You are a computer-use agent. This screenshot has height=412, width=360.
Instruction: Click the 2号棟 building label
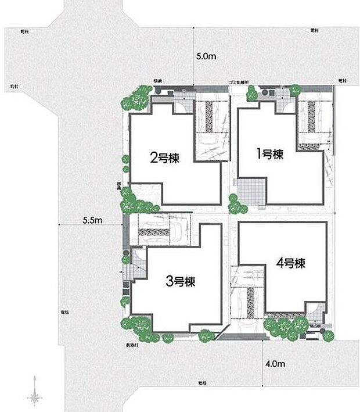[164, 157]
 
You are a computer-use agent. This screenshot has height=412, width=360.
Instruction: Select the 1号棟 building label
[269, 155]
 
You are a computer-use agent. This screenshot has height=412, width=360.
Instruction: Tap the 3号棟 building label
[181, 282]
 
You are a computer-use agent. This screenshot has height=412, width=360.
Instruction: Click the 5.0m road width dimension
[206, 57]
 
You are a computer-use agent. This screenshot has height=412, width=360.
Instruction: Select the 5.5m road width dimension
[92, 220]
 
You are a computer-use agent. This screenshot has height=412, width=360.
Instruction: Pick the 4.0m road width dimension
[275, 364]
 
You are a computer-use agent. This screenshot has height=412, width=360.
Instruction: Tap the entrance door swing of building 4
[314, 309]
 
